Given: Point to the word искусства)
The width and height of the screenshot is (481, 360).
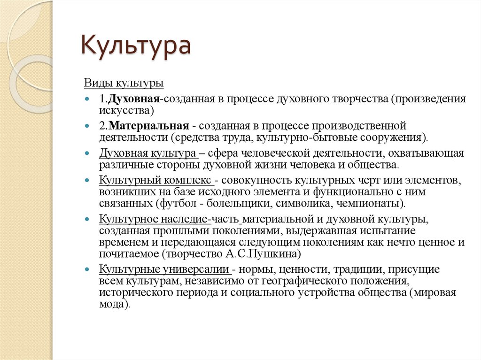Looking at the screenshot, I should (126, 110).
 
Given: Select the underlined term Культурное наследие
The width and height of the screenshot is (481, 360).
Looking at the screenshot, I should (154, 219).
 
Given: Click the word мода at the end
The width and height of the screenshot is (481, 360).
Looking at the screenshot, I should (111, 304).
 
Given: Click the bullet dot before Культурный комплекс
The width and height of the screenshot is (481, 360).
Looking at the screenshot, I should (88, 181).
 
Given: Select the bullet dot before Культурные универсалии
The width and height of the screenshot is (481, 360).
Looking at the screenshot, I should (88, 270).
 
